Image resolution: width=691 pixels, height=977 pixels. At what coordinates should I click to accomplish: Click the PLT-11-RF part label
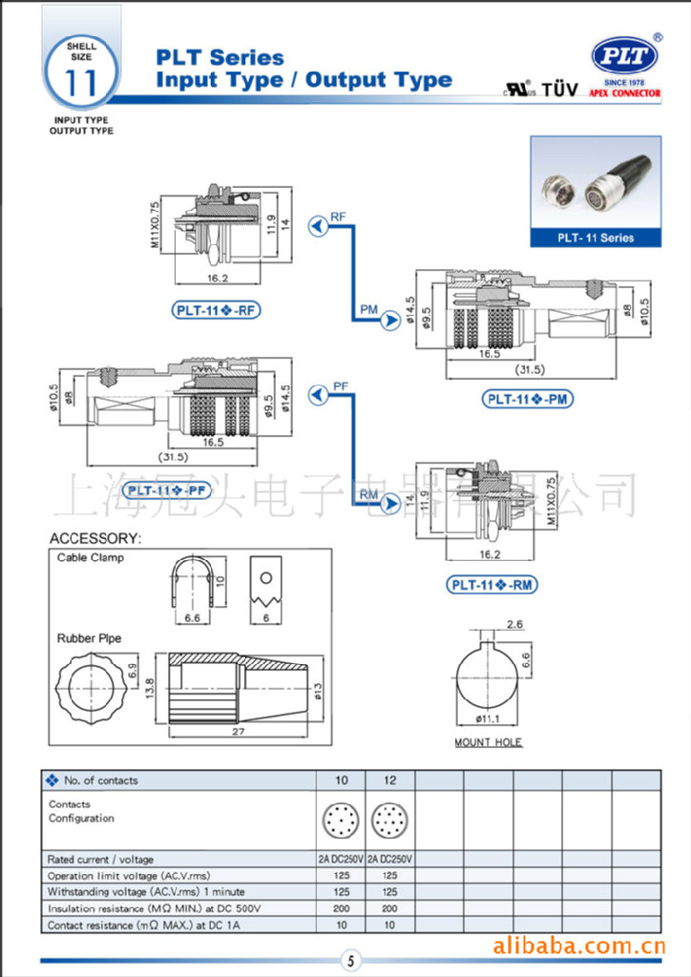(217, 309)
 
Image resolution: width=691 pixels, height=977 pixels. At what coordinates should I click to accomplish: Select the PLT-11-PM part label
(528, 400)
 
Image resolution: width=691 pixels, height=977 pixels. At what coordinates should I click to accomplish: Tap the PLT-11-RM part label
(491, 585)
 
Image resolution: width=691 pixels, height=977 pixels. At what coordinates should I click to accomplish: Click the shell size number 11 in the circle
(81, 83)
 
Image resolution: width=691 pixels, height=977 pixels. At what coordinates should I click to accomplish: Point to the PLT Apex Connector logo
(625, 60)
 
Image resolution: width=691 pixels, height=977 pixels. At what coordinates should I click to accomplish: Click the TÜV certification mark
(560, 91)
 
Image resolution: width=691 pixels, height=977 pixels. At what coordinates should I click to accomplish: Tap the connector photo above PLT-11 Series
(595, 181)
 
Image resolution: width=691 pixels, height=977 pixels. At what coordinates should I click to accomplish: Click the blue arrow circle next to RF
(318, 225)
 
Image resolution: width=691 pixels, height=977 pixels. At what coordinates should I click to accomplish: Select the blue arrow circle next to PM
(389, 321)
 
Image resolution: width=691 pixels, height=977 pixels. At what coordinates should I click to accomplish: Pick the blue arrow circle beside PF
(318, 394)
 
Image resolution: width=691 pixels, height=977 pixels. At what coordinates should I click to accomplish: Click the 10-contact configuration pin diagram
(341, 821)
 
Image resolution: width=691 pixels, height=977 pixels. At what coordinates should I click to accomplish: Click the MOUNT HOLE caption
(489, 742)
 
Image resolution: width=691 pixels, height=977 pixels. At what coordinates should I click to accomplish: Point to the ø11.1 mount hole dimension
(489, 718)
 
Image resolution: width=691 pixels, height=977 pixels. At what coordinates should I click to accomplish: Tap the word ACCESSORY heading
(95, 538)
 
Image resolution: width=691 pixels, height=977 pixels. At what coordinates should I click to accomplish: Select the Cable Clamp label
(91, 557)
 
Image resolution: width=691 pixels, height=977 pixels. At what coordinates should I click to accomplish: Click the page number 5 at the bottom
(350, 961)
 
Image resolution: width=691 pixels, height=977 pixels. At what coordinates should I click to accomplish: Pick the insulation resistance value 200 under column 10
(341, 908)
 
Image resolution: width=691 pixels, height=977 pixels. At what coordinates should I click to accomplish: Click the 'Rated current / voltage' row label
(100, 859)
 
